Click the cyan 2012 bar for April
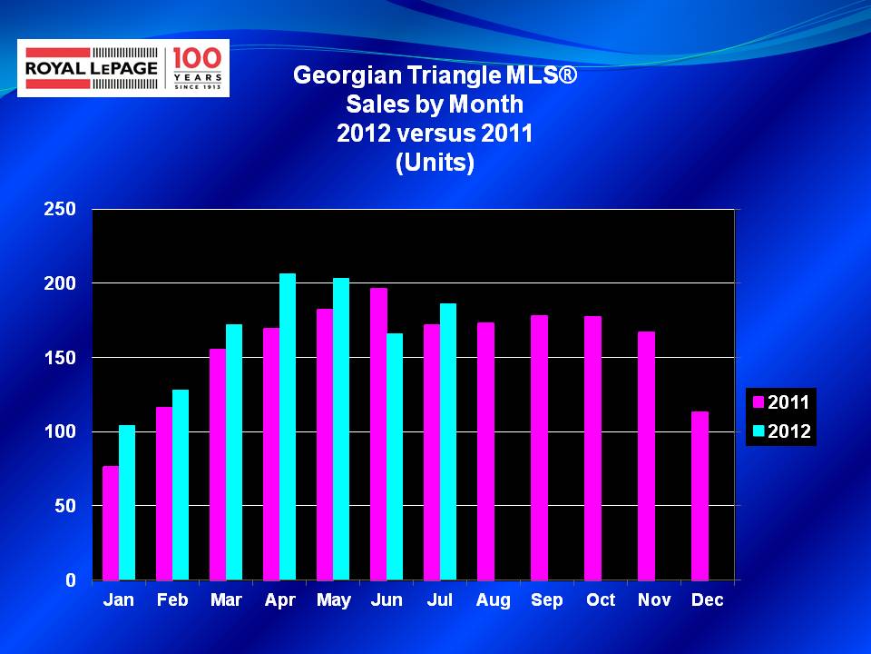pyautogui.click(x=288, y=427)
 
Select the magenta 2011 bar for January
pyautogui.click(x=111, y=523)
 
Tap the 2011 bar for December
pyautogui.click(x=700, y=496)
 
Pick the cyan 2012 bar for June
pyautogui.click(x=395, y=457)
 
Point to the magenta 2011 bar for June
pyautogui.click(x=378, y=434)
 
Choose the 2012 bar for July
pyautogui.click(x=447, y=441)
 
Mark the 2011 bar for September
pyautogui.click(x=539, y=448)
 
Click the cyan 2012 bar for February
pyautogui.click(x=181, y=485)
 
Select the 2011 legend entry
pyautogui.click(x=781, y=402)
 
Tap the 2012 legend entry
pyautogui.click(x=781, y=431)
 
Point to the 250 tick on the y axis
pyautogui.click(x=60, y=209)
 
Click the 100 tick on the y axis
pyautogui.click(x=60, y=431)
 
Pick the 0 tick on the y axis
pyautogui.click(x=71, y=580)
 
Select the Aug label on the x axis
pyautogui.click(x=494, y=600)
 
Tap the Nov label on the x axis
pyautogui.click(x=654, y=599)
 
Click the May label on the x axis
pyautogui.click(x=333, y=600)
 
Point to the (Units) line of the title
pyautogui.click(x=435, y=163)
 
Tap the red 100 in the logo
pyautogui.click(x=197, y=58)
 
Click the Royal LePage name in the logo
pyautogui.click(x=92, y=68)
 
